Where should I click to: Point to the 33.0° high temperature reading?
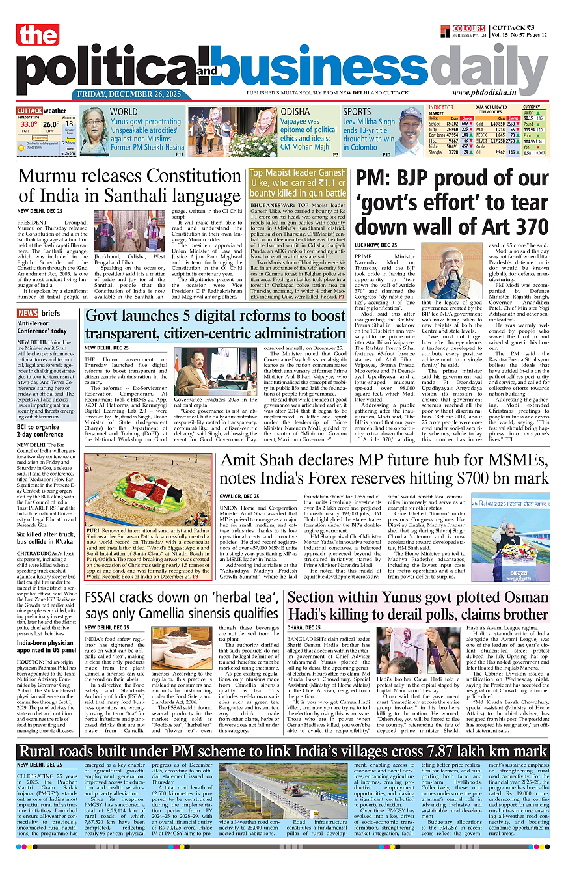coord(28,124)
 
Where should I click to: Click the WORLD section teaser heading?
coord(124,111)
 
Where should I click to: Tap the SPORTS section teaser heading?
coord(357,112)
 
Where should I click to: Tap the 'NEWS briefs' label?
coord(38,313)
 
